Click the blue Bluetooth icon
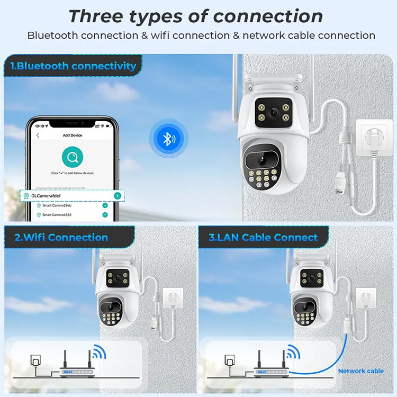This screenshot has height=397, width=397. pos(168,139)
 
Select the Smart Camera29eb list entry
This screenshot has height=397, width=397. pos(58,205)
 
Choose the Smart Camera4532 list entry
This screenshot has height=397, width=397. pos(58,215)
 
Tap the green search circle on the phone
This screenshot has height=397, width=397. pos(72,157)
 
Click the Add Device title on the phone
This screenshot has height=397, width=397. pos(73,136)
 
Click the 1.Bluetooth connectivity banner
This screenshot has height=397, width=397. pos(73,66)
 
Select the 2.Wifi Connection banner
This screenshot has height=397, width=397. pos(61,237)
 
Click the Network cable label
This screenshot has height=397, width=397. pos(360,371)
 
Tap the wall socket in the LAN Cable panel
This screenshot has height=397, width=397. pos(365,297)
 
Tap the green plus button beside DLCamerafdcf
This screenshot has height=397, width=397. pos(118,196)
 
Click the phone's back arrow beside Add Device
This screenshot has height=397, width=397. pos(38,136)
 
